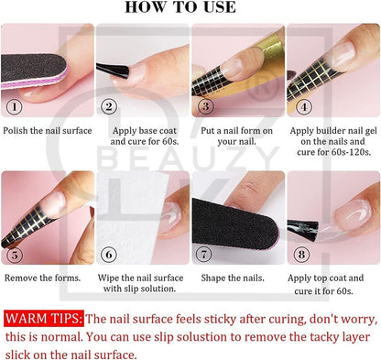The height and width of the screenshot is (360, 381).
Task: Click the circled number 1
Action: pyautogui.click(x=15, y=107)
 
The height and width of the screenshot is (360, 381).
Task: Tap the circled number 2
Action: pyautogui.click(x=109, y=106)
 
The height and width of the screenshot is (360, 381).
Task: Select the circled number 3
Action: pyautogui.click(x=205, y=106)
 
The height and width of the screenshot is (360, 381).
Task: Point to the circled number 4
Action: pyautogui.click(x=304, y=106)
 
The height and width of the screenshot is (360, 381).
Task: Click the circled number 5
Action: pyautogui.click(x=15, y=255)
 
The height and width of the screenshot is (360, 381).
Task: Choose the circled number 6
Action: pyautogui.click(x=109, y=255)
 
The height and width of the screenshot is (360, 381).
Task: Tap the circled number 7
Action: pyautogui.click(x=203, y=254)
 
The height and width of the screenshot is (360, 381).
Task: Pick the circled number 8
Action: pyautogui.click(x=301, y=255)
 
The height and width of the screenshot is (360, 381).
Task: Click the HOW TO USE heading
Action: pyautogui.click(x=180, y=7)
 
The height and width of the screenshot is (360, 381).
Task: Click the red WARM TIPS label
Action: pyautogui.click(x=44, y=319)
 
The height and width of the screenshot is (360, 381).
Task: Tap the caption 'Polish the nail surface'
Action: pyautogui.click(x=48, y=131)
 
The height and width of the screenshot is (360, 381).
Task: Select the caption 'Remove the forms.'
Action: pyautogui.click(x=42, y=278)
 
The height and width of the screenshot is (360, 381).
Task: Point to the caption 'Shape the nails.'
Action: pyautogui.click(x=233, y=278)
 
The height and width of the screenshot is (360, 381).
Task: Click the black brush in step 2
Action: pyautogui.click(x=113, y=71)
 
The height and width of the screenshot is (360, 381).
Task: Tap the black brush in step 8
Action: pyautogui.click(x=303, y=229)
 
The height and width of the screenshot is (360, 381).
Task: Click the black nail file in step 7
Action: pyautogui.click(x=235, y=224)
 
